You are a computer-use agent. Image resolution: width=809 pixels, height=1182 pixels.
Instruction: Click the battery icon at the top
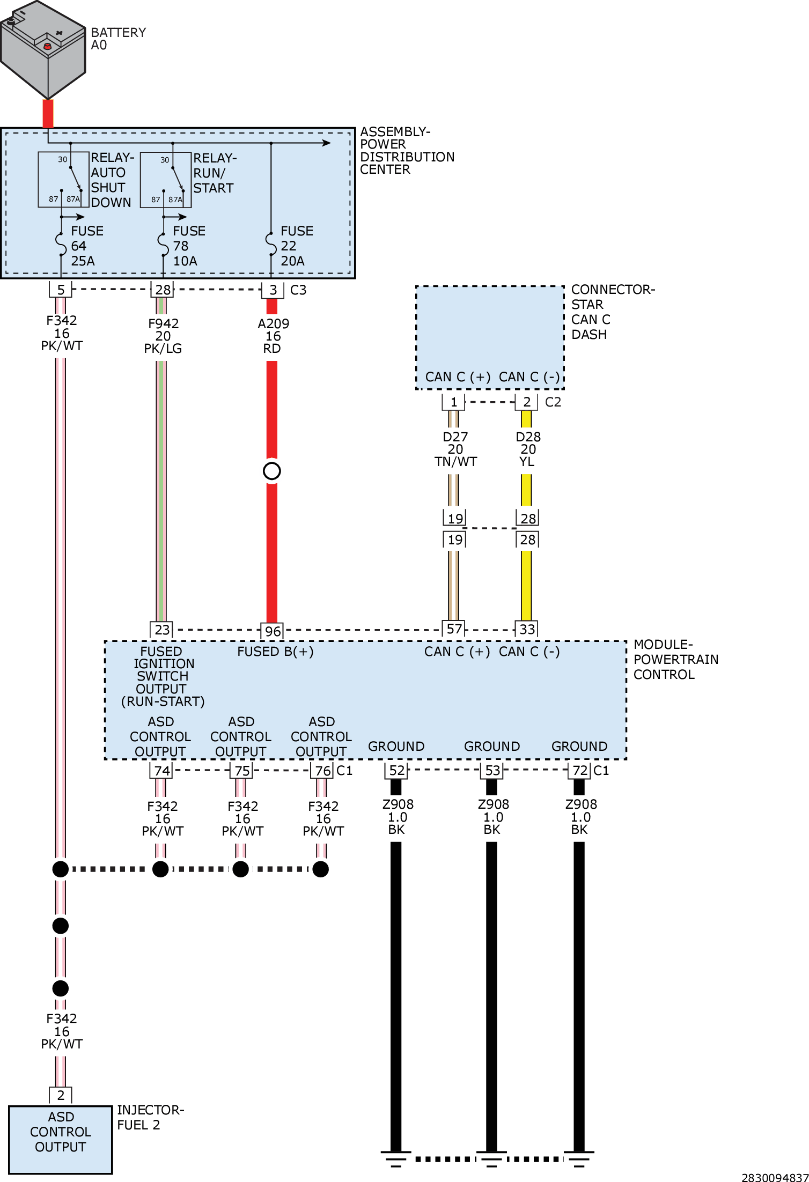(43, 49)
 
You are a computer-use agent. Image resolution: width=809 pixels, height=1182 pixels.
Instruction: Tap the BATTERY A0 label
(118, 39)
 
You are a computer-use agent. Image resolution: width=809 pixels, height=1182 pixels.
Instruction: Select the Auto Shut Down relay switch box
(63, 180)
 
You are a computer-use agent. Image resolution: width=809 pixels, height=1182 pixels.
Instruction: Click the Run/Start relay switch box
(166, 180)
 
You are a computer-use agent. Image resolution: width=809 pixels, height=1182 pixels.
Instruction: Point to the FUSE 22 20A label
(297, 246)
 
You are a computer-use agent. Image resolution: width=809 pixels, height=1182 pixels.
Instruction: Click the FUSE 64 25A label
(87, 246)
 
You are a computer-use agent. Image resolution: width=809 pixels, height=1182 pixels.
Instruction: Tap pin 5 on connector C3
(61, 290)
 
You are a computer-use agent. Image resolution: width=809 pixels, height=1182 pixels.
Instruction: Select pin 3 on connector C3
(273, 290)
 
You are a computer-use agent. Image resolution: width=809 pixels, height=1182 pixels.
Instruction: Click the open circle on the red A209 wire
(272, 471)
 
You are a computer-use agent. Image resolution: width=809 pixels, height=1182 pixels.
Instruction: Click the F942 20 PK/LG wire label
(163, 336)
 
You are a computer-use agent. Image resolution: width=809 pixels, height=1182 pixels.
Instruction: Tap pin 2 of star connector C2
(527, 402)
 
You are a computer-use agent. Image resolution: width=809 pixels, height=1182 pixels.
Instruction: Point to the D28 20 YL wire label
(528, 449)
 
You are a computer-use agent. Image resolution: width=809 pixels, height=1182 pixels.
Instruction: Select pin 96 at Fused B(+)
(273, 631)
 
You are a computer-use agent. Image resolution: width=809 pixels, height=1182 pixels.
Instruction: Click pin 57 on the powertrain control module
(454, 629)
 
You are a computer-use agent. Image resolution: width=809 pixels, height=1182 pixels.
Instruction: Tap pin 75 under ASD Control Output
(242, 771)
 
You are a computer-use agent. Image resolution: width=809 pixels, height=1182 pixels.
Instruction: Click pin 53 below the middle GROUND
(492, 771)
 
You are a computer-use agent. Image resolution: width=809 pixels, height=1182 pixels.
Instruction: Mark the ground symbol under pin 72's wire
(579, 1159)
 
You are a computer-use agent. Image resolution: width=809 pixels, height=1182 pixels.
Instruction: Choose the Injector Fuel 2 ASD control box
(61, 1139)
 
